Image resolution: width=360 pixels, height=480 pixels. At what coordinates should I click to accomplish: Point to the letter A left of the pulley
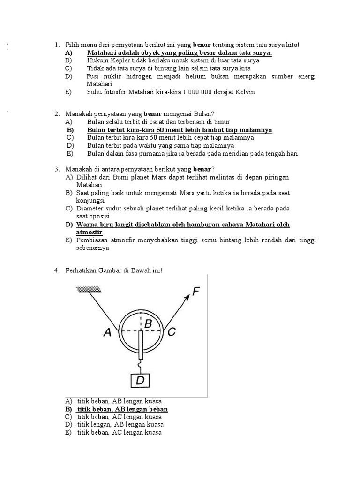(108, 332)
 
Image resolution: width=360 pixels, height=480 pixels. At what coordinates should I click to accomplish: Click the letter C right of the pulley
(172, 332)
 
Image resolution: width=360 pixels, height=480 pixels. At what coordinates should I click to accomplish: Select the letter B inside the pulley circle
(148, 323)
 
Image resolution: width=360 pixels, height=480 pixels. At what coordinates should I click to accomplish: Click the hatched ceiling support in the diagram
(89, 291)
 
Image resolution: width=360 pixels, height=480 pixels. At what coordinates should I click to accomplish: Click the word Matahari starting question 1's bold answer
(102, 53)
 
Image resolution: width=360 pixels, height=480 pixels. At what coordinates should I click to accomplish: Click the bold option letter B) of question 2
(71, 130)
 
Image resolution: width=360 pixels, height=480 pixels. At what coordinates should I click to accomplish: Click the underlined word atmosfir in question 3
(89, 232)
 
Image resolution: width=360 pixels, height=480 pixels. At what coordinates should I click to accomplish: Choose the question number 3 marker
(56, 169)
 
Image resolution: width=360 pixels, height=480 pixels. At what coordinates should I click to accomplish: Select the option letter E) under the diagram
(68, 432)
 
